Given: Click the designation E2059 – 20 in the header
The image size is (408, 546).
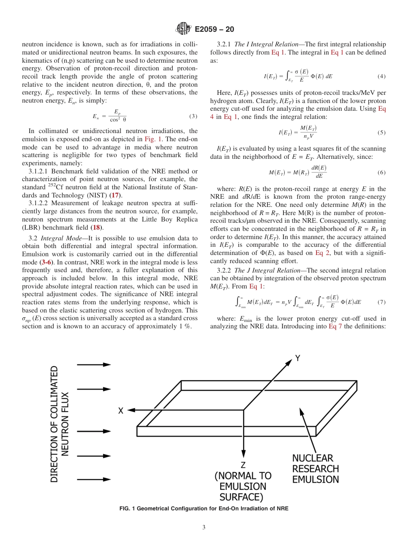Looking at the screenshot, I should tap(214, 30).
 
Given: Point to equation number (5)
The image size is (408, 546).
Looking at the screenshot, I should tap(381, 133).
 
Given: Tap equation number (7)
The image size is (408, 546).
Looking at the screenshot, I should tap(381, 302).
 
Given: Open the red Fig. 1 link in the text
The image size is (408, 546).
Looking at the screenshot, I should tap(152, 139).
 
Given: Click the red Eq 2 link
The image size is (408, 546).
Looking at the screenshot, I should tap(323, 253).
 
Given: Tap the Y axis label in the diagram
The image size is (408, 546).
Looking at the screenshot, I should tap(297, 358).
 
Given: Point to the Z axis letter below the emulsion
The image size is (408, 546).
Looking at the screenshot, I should tap(243, 464).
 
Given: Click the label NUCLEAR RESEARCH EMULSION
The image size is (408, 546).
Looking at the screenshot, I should tap(315, 469).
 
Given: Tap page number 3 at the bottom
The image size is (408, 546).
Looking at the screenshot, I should tap(204, 528).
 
